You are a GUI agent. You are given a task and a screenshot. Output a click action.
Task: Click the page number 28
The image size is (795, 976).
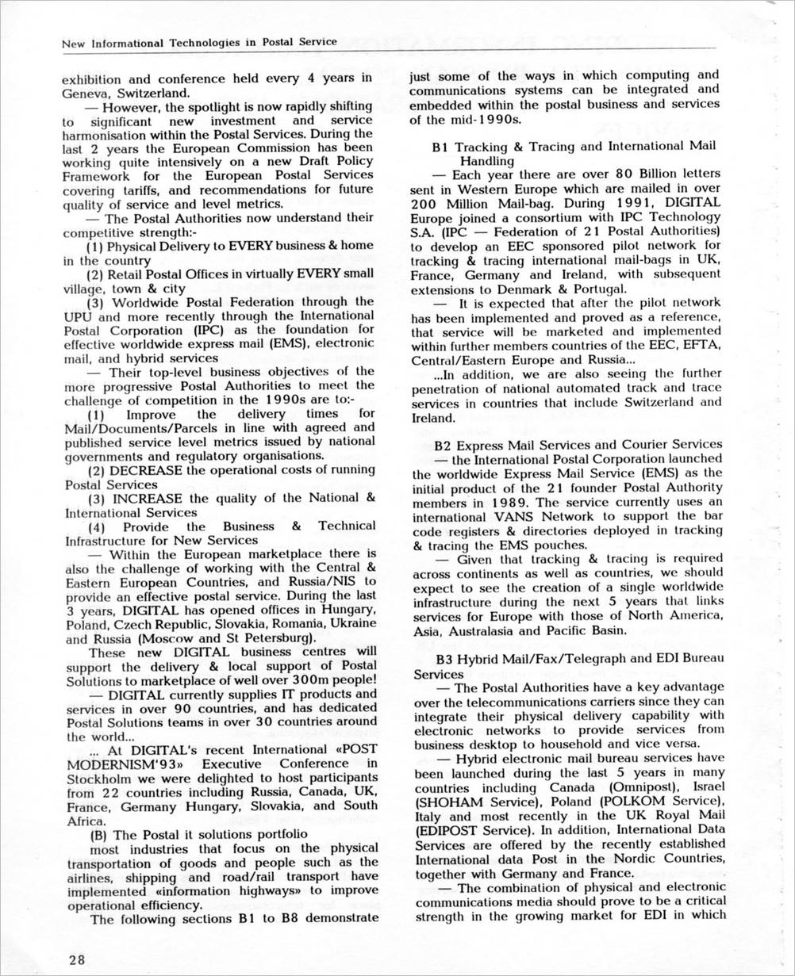(76, 959)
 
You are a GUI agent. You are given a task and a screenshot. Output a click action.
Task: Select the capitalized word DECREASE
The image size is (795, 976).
(147, 470)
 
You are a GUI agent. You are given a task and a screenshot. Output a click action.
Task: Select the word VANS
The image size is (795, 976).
(505, 517)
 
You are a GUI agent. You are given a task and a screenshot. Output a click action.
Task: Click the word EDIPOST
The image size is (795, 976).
(448, 831)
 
